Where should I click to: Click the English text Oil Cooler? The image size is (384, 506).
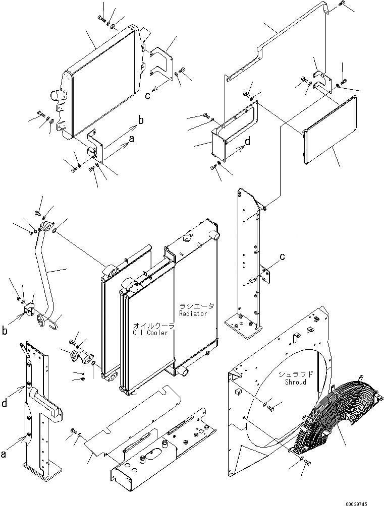pos(153,333)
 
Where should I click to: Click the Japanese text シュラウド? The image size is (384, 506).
pos(298,374)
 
